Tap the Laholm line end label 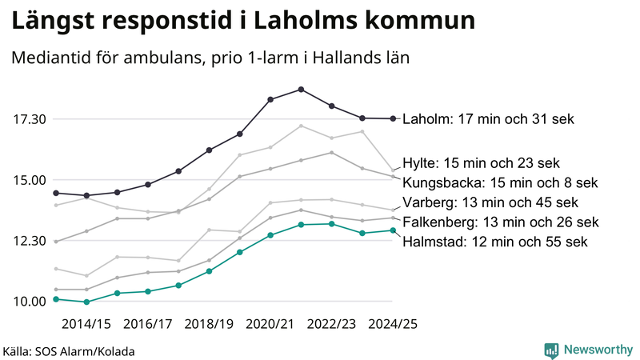488,119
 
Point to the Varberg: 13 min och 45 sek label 490,202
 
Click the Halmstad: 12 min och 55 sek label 495,241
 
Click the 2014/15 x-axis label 86,324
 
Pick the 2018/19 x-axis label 209,324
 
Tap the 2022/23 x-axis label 331,324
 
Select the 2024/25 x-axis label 392,324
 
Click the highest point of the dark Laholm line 301,89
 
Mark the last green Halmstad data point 393,230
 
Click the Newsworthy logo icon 551,350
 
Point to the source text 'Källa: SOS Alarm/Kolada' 69,351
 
